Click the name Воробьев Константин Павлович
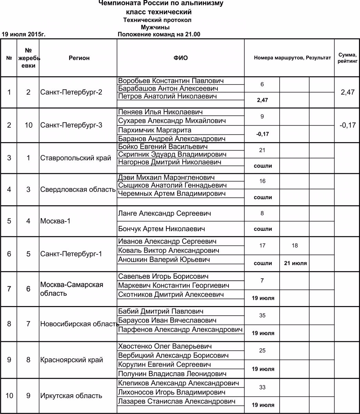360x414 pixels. click(x=171, y=81)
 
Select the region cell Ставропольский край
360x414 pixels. click(x=76, y=158)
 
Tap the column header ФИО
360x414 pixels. click(x=181, y=58)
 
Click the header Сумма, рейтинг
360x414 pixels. click(x=347, y=58)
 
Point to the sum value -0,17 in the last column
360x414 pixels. click(x=347, y=125)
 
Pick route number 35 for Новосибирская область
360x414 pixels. click(x=262, y=315)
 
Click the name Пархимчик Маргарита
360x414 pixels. click(x=154, y=130)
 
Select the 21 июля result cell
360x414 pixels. click(x=295, y=263)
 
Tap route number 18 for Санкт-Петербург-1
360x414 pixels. click(x=294, y=246)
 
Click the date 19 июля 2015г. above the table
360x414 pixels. click(x=24, y=34)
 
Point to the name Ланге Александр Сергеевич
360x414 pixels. click(x=164, y=214)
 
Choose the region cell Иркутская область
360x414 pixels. click(x=71, y=396)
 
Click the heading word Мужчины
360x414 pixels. click(x=155, y=27)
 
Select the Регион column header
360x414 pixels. click(x=79, y=58)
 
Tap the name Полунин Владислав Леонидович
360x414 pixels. click(x=172, y=374)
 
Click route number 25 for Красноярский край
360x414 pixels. click(x=262, y=351)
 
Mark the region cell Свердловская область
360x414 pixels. click(x=78, y=189)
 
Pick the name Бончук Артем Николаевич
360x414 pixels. click(x=162, y=229)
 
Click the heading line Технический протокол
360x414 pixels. click(x=157, y=20)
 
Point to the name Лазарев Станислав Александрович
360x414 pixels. click(x=177, y=401)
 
